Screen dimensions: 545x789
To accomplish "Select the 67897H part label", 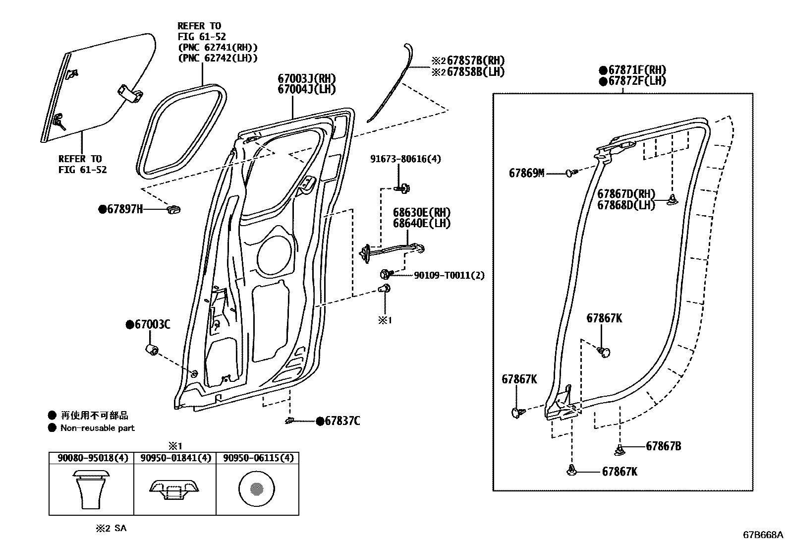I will (x=124, y=210).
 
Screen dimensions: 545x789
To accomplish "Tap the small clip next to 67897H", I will (x=174, y=209).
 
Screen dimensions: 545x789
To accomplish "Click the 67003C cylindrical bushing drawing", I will (x=151, y=350).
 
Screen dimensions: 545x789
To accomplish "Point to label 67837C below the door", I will (x=342, y=422).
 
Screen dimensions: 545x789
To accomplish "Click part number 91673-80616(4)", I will (x=405, y=159).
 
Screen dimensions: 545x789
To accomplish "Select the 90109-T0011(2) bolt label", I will (x=449, y=275).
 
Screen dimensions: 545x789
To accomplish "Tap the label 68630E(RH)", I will (x=422, y=212).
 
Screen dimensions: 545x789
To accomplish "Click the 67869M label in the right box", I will (x=526, y=173).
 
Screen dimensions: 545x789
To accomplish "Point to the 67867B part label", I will (x=663, y=446).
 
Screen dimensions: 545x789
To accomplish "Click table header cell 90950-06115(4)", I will (x=258, y=458).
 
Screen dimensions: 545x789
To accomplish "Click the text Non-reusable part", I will (x=97, y=428).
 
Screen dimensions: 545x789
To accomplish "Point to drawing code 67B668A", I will (x=762, y=535).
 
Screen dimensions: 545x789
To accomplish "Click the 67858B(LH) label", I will (x=475, y=72).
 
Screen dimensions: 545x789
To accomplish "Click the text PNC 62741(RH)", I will (x=218, y=48).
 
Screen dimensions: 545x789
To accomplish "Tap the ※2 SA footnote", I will (x=111, y=528).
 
